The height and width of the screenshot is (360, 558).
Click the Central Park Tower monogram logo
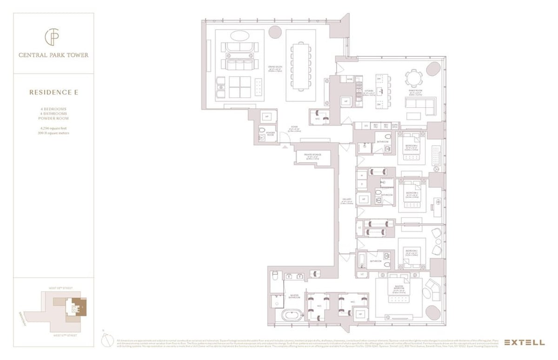tap(53, 37)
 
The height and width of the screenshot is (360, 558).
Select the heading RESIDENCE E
tap(53, 92)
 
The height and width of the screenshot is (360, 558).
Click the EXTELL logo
tap(524, 342)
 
